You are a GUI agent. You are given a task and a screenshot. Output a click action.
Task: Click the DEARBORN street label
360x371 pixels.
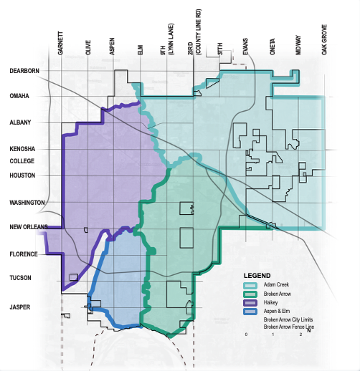[x=24, y=71]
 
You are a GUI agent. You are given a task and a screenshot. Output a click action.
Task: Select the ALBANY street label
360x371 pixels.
[x=21, y=122]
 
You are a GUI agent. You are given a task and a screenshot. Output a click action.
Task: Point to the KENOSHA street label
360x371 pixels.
[x=23, y=149]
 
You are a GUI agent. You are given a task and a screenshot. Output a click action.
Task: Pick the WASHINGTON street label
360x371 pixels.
[x=27, y=203]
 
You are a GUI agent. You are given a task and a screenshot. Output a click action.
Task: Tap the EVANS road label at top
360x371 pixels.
[x=245, y=47]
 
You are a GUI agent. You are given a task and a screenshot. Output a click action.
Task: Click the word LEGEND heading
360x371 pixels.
[x=257, y=276]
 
